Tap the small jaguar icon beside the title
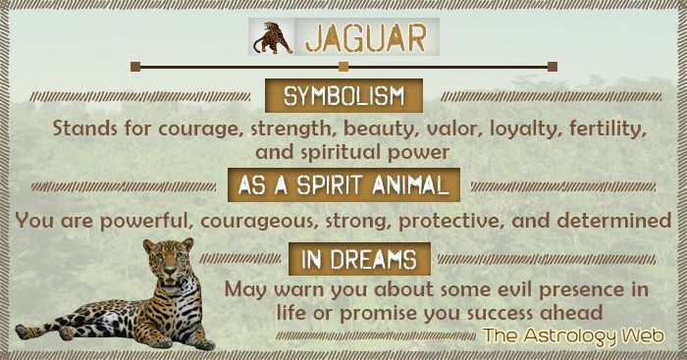(272, 37)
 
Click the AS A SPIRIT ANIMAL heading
(343, 183)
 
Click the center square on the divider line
(343, 67)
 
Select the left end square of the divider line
(135, 67)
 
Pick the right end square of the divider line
(553, 67)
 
